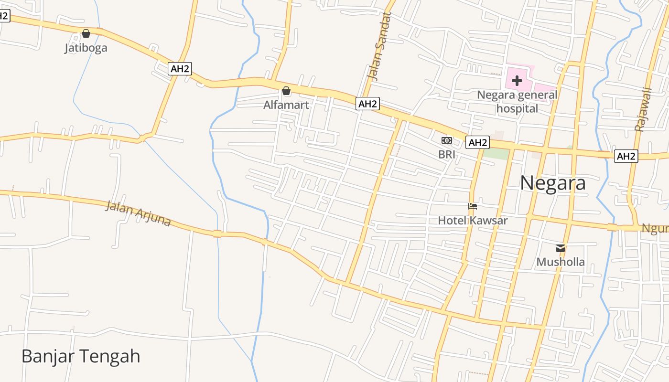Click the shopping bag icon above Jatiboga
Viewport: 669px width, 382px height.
[86, 33]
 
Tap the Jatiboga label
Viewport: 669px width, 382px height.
[86, 48]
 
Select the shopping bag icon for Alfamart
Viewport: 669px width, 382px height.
[286, 91]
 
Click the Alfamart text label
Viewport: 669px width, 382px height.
[286, 105]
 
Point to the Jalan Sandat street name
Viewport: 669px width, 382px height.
[379, 46]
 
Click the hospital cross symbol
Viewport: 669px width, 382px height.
[517, 81]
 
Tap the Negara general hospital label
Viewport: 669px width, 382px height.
[517, 102]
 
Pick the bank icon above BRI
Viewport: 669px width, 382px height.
[447, 140]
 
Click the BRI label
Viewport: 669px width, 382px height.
[447, 154]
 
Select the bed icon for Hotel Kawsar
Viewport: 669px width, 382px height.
[473, 206]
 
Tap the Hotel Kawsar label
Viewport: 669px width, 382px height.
[473, 220]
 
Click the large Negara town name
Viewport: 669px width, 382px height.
[552, 183]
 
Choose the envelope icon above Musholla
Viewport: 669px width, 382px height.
[561, 248]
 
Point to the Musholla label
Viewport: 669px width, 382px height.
[561, 262]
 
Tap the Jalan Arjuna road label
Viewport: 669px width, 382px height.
[138, 213]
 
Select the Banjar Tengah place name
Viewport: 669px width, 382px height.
[81, 356]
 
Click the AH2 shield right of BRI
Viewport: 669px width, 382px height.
[478, 142]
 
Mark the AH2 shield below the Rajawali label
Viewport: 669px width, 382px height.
[626, 156]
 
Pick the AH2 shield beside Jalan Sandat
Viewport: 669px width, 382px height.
[367, 104]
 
